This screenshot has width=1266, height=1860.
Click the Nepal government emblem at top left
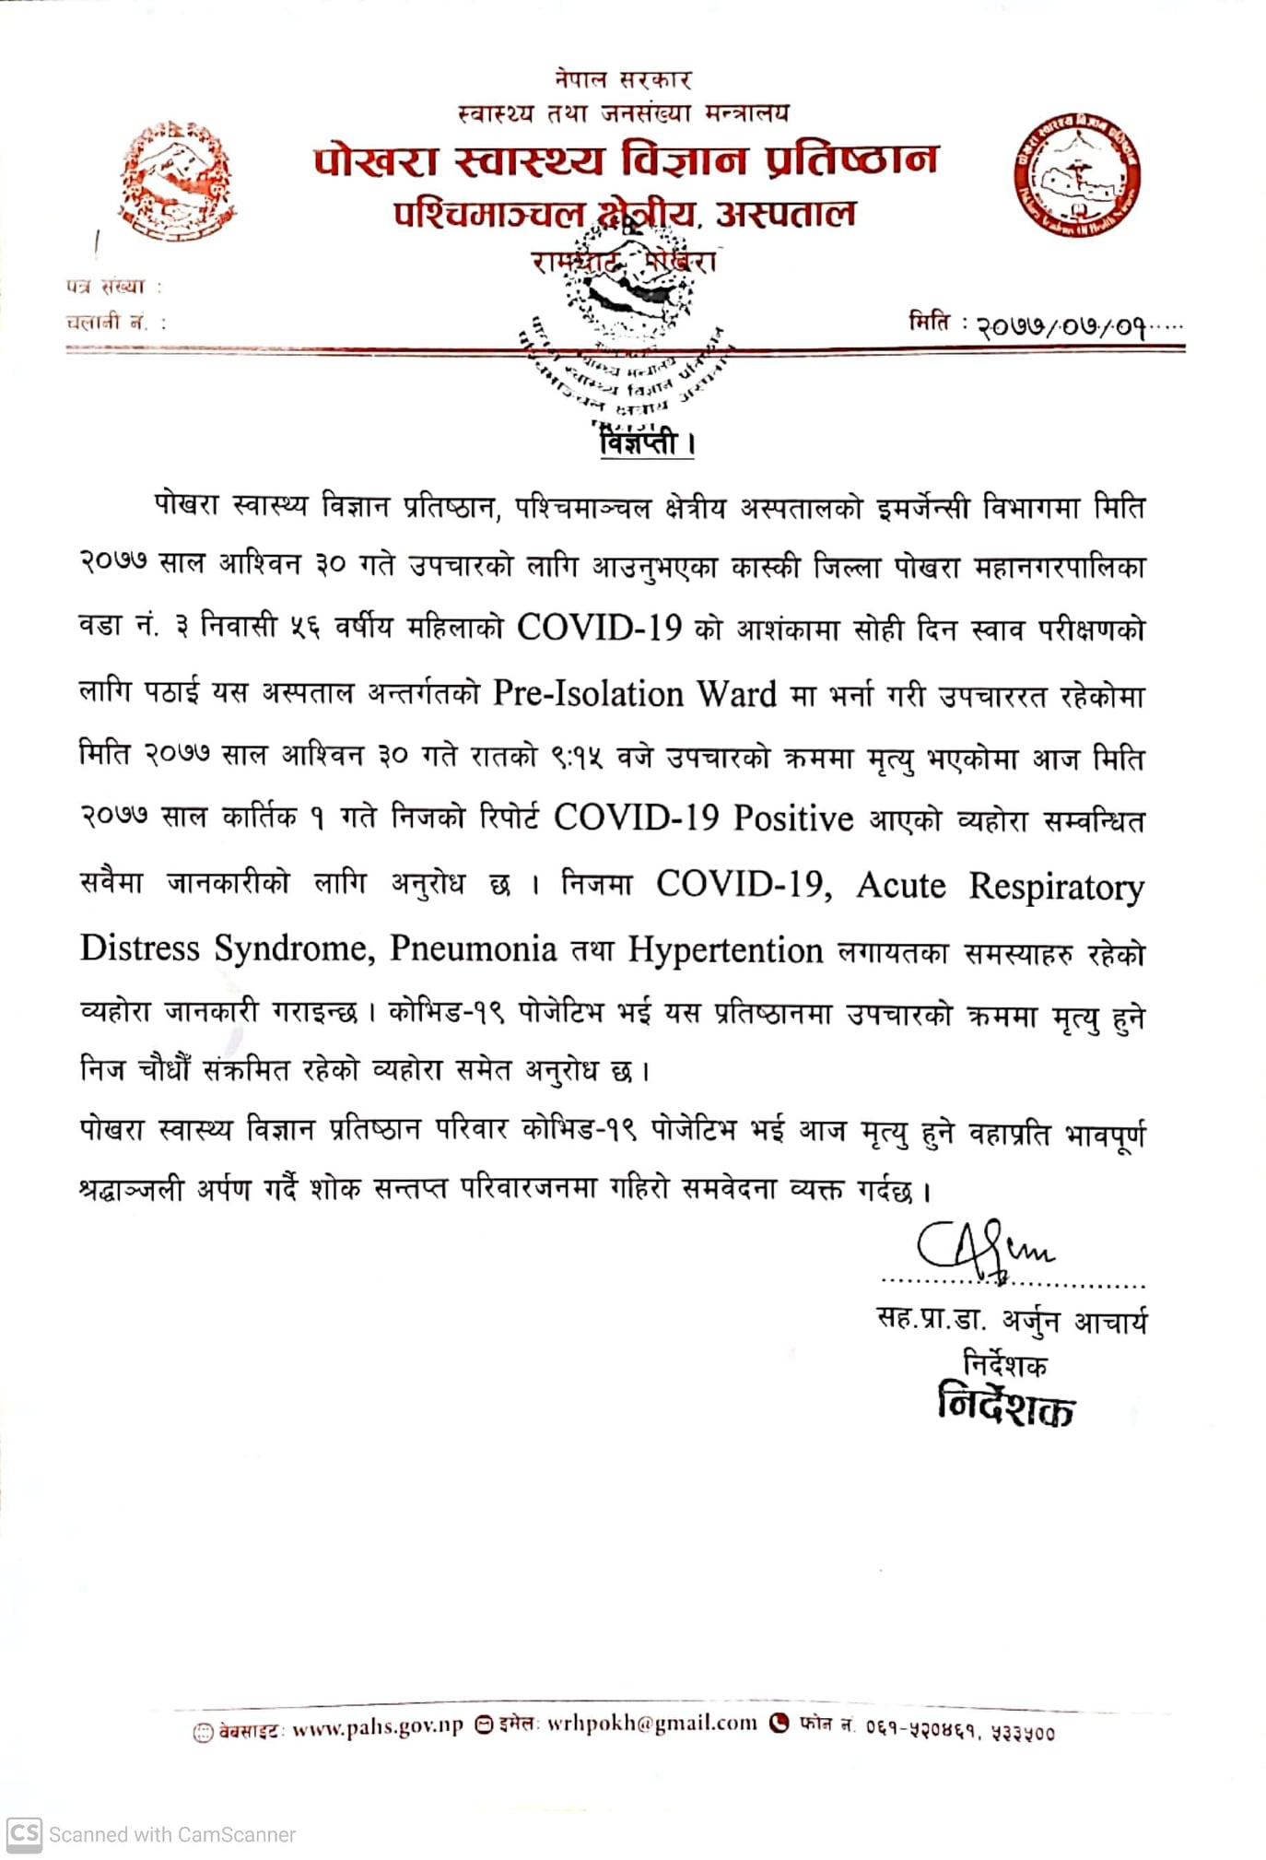click(x=175, y=182)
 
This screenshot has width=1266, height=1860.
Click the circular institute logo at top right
click(x=1078, y=175)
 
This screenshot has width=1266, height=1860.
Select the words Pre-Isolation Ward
click(x=634, y=694)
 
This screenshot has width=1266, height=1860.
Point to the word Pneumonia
click(x=473, y=948)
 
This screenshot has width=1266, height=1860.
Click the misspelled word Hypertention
click(x=725, y=950)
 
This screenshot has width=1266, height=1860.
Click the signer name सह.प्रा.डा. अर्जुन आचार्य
click(x=1012, y=1321)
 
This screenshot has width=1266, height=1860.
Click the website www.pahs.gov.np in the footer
click(x=377, y=1726)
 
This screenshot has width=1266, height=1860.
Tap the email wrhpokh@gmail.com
click(x=651, y=1724)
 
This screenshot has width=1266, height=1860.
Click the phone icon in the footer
click(x=780, y=1723)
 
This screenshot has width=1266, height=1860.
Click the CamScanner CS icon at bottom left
click(x=24, y=1834)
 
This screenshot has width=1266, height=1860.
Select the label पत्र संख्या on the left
click(x=106, y=287)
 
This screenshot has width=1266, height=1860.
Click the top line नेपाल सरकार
click(x=623, y=79)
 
